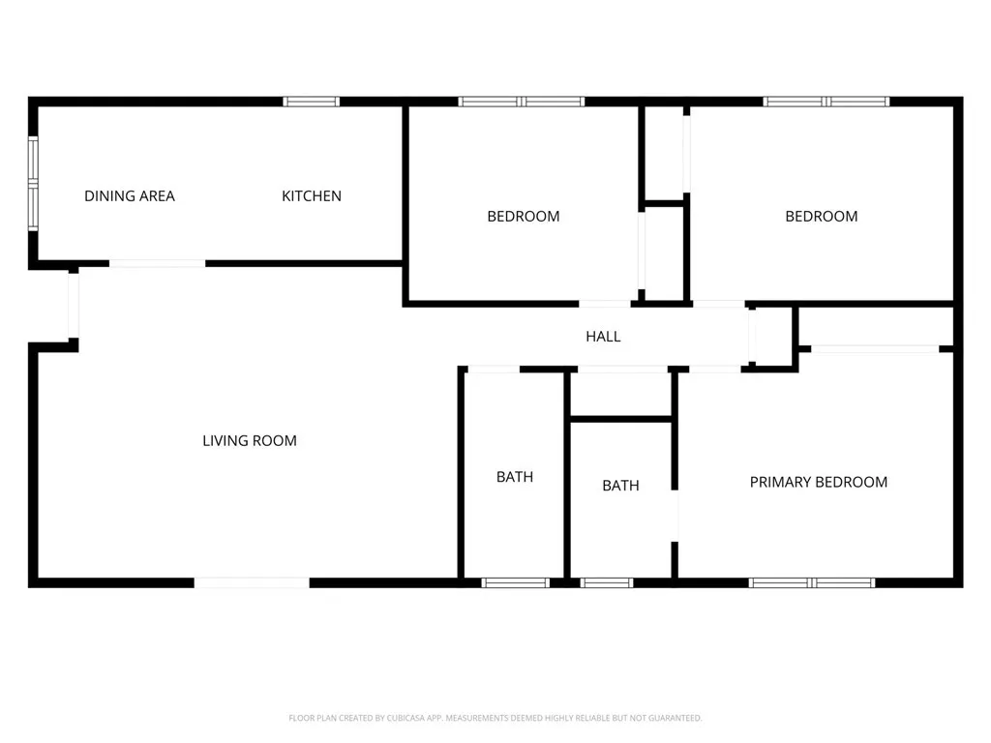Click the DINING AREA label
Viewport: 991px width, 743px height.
(x=130, y=196)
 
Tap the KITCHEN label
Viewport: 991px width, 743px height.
(x=312, y=196)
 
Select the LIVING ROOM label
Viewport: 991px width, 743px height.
(x=250, y=441)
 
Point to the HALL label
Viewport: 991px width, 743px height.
(x=603, y=337)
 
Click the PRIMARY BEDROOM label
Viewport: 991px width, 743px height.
(x=819, y=482)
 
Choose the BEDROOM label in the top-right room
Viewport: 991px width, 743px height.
(x=821, y=217)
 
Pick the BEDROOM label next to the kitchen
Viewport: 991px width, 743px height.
(x=523, y=217)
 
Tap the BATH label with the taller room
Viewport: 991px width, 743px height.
(x=515, y=477)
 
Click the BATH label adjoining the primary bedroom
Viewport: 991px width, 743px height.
(x=620, y=486)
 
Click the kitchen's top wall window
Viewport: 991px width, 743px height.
(x=312, y=101)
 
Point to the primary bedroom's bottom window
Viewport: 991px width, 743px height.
(x=813, y=582)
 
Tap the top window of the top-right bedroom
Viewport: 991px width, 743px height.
(x=826, y=101)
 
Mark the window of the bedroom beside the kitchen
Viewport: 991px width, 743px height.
(x=522, y=101)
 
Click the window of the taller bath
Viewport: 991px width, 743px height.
(x=516, y=582)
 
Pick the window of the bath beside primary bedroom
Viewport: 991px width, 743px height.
(x=607, y=582)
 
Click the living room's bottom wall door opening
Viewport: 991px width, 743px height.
(x=252, y=582)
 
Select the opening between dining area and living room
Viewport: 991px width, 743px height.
(x=157, y=263)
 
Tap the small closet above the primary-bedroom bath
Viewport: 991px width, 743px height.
(x=620, y=394)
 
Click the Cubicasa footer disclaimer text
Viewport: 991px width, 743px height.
(x=495, y=718)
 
